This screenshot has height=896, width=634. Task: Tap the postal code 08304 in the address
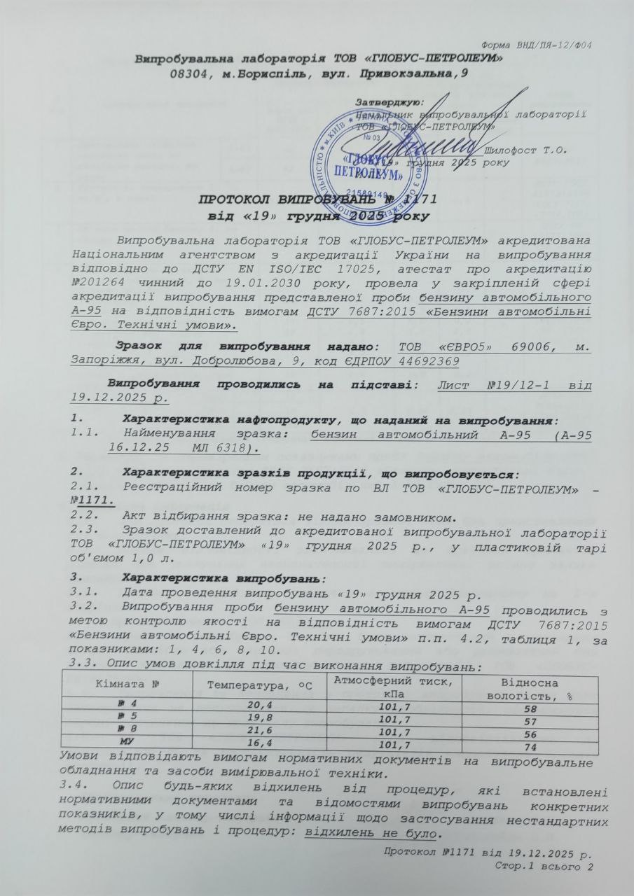tap(190, 73)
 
